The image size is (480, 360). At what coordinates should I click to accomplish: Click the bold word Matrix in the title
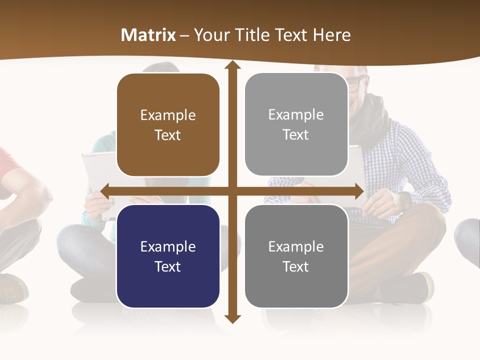pos(148,35)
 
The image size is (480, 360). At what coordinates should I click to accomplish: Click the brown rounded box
pos(168,125)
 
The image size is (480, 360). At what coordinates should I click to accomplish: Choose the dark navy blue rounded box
pos(168,256)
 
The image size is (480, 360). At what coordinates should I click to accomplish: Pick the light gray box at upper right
pos(296,124)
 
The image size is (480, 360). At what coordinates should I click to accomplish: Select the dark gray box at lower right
pos(296,256)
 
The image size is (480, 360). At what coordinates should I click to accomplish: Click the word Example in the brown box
pos(168,115)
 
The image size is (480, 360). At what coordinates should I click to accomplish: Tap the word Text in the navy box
pos(168,266)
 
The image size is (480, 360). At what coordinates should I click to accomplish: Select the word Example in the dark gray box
pos(296,246)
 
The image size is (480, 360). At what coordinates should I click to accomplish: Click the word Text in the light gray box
pos(296,134)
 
